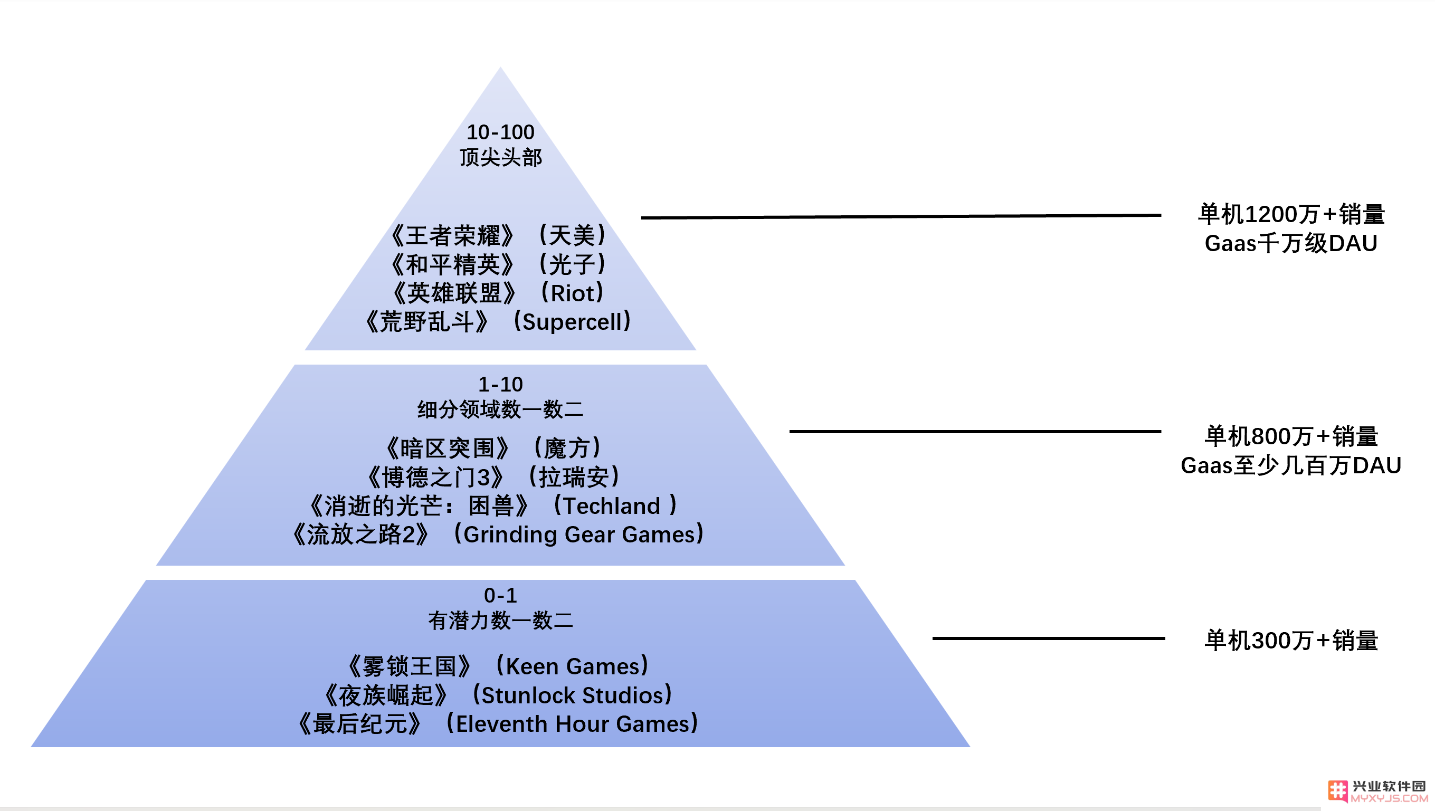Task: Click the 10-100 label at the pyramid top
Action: pyautogui.click(x=500, y=132)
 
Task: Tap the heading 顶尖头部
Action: pyautogui.click(x=500, y=158)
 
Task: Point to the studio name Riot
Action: pyautogui.click(x=575, y=293)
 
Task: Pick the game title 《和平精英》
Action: pyautogui.click(x=452, y=264)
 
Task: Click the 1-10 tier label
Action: pyautogui.click(x=500, y=384)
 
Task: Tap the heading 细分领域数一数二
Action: pyautogui.click(x=500, y=410)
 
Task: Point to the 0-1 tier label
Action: pyautogui.click(x=500, y=595)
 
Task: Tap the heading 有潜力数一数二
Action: pyautogui.click(x=500, y=621)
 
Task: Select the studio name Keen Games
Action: pyautogui.click(x=573, y=667)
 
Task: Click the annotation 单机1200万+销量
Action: pyautogui.click(x=1291, y=214)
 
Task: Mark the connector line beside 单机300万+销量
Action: pyautogui.click(x=1048, y=638)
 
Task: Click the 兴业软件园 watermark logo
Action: pyautogui.click(x=1377, y=791)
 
